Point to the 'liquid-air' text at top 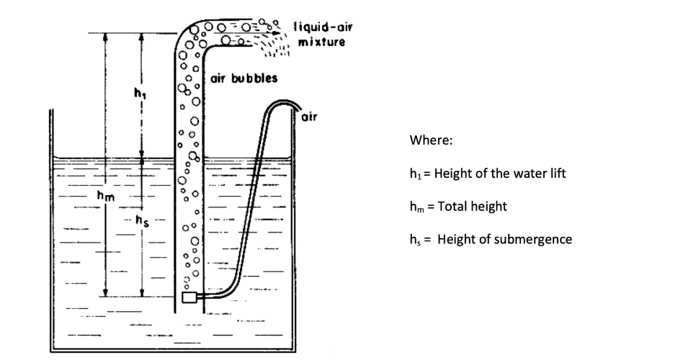click(323, 27)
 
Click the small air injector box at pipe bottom click(191, 297)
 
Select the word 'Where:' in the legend click(431, 141)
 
